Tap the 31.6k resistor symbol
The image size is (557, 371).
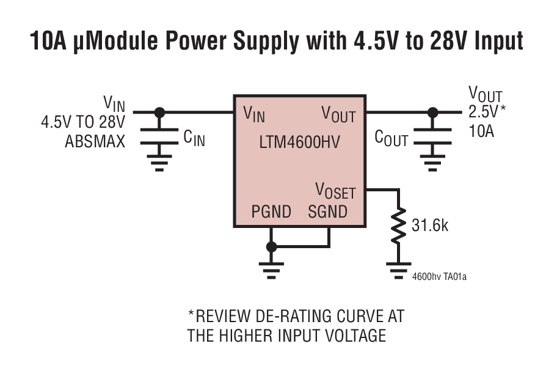[398, 226]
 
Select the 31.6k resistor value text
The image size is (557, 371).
[430, 226]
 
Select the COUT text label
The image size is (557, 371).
[391, 139]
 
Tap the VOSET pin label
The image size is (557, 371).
[335, 190]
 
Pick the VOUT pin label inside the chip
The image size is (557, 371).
[338, 114]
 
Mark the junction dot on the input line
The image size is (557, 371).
[160, 112]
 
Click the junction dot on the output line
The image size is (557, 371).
[433, 112]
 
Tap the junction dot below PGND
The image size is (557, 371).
[271, 247]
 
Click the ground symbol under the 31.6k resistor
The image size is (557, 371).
[398, 269]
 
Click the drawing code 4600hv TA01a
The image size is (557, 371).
[439, 276]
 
